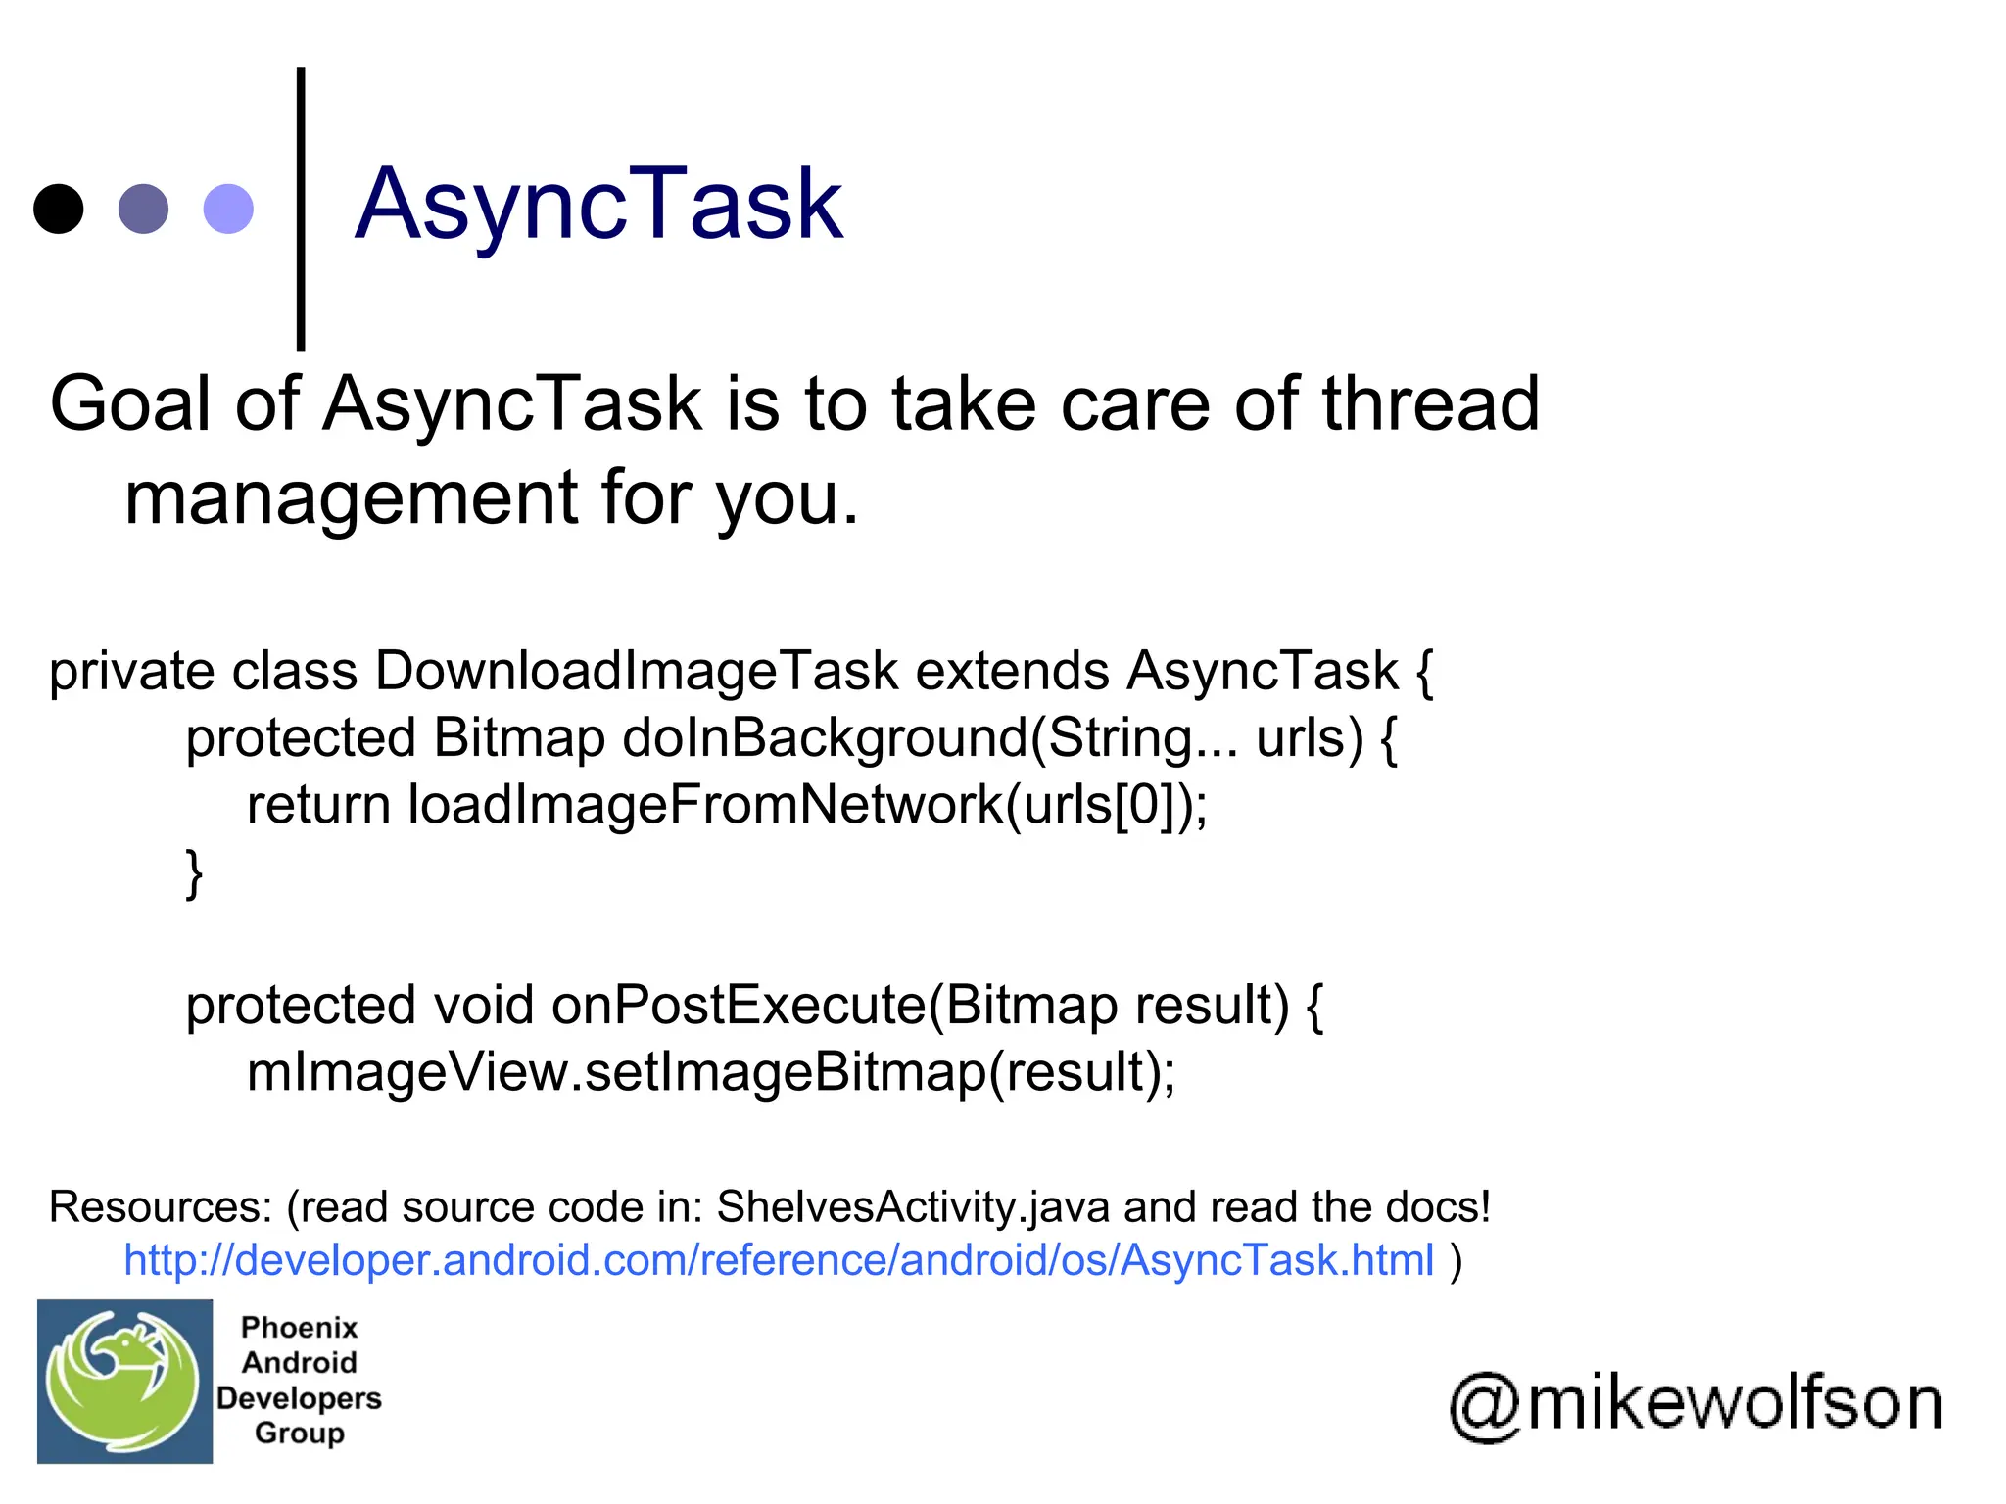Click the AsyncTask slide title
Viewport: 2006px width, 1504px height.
(598, 205)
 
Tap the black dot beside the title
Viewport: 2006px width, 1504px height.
(59, 209)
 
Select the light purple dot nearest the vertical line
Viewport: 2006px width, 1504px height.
(228, 209)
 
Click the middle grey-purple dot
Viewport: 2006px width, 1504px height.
(143, 209)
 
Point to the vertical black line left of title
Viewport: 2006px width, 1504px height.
(301, 209)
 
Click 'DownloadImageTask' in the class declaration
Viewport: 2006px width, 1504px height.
(637, 672)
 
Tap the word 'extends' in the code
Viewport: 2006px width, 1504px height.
(1013, 672)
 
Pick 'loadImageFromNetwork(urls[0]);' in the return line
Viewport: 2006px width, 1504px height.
(807, 805)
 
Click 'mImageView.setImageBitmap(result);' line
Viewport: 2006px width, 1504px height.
(710, 1072)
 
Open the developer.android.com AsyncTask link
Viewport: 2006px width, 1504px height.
(779, 1260)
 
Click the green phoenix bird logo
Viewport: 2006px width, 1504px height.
(124, 1382)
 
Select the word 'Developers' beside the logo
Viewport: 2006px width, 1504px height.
(299, 1398)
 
